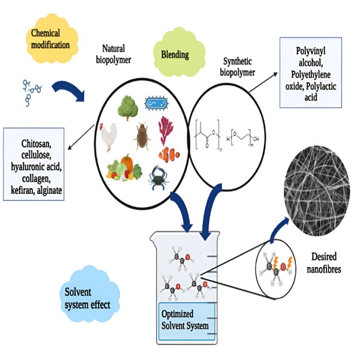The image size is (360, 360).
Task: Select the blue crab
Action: click(x=161, y=176)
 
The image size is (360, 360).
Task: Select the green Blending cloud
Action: click(x=175, y=55)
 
